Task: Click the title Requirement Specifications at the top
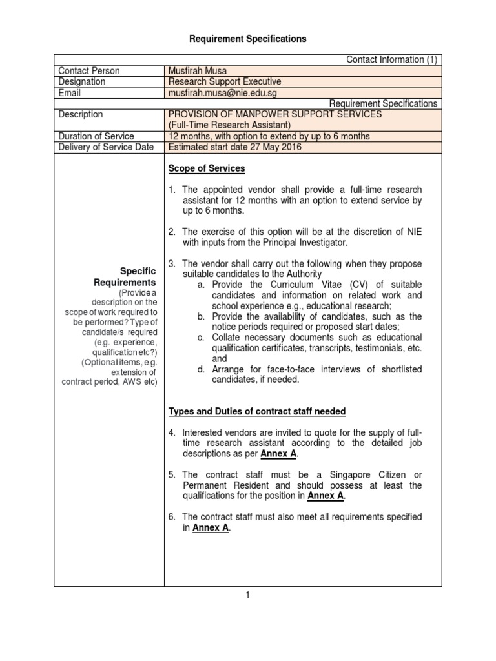click(x=248, y=39)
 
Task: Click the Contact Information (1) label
click(x=392, y=60)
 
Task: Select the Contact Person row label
click(x=89, y=71)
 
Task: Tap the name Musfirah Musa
click(x=198, y=71)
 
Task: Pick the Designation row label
click(x=82, y=82)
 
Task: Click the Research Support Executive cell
click(x=225, y=82)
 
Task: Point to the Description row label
click(x=81, y=114)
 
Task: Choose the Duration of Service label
click(x=96, y=136)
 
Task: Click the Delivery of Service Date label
click(x=106, y=147)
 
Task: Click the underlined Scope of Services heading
click(x=207, y=169)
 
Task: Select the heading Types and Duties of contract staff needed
click(x=257, y=412)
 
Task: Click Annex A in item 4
click(x=278, y=454)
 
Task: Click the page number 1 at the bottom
click(x=247, y=596)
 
